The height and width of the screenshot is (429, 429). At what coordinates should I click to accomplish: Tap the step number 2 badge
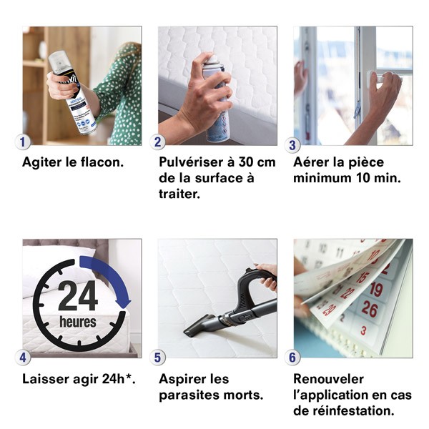point(159,142)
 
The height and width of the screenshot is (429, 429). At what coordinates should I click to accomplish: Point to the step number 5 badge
point(159,357)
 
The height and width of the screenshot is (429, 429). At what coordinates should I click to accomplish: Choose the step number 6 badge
point(294,357)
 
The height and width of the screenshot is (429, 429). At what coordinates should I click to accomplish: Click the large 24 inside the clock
point(77,295)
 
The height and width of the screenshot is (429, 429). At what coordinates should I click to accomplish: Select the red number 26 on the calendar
point(370,309)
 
